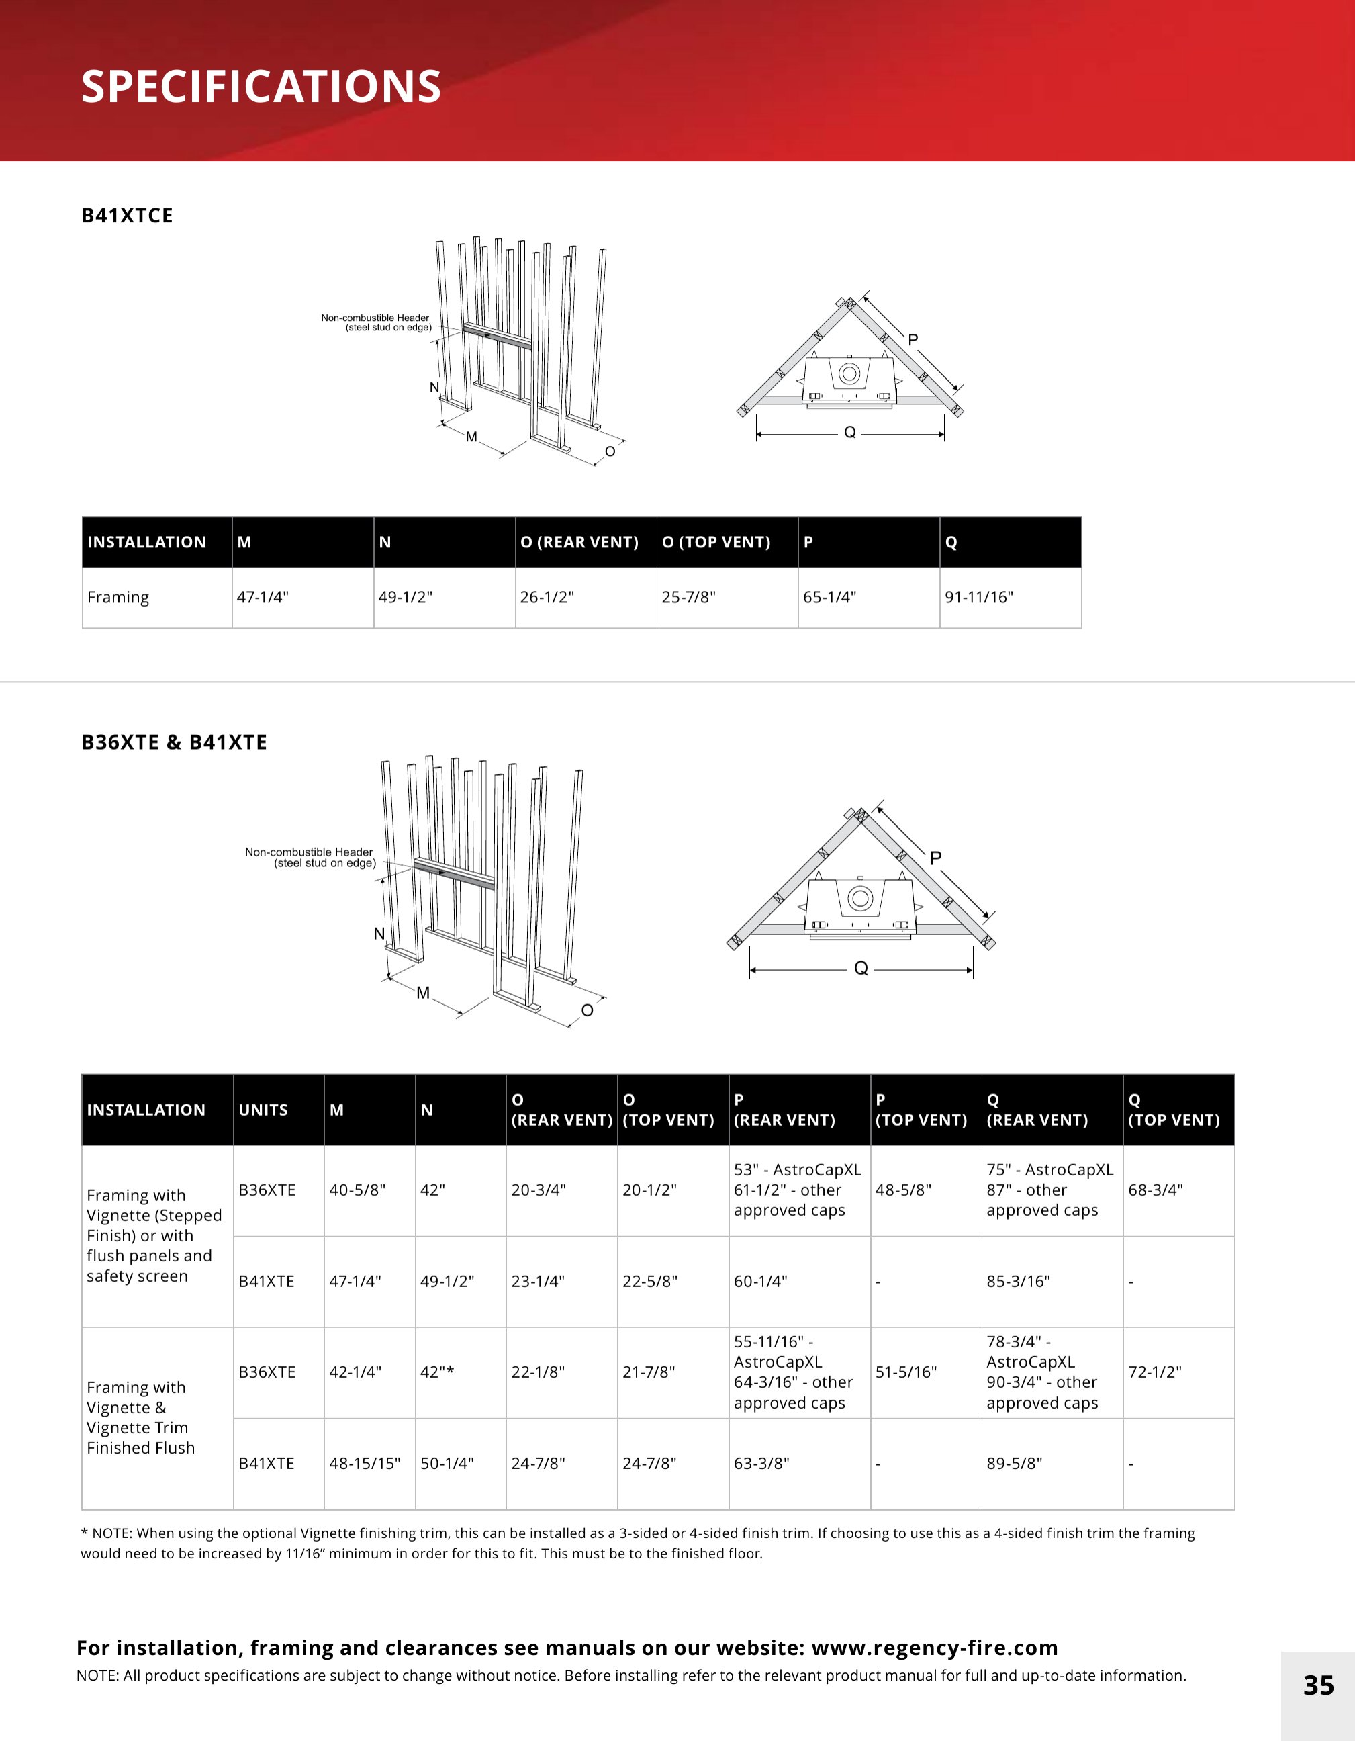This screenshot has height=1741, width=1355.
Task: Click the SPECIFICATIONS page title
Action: tap(261, 86)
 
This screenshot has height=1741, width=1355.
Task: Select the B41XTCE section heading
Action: tap(127, 215)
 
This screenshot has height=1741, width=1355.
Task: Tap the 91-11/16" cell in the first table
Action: tap(979, 597)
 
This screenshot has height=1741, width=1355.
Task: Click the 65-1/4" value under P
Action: tap(829, 597)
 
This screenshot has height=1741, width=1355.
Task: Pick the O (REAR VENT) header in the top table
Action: tap(579, 542)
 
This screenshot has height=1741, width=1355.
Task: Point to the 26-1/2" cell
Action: tap(547, 597)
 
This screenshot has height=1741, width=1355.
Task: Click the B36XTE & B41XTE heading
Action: tap(174, 742)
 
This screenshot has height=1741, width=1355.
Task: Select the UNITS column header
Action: tap(263, 1110)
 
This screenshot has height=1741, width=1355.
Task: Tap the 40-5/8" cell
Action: tap(357, 1190)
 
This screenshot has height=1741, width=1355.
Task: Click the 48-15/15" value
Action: tap(364, 1463)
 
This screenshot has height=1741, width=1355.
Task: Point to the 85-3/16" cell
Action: tap(1018, 1281)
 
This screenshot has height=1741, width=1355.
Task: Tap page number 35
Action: tap(1318, 1685)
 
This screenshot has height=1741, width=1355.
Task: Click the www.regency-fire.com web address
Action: tap(934, 1647)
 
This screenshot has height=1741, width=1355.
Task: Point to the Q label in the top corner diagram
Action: tap(849, 432)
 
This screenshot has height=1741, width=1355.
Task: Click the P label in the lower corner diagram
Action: tap(936, 858)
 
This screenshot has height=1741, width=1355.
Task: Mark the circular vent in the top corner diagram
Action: tap(849, 373)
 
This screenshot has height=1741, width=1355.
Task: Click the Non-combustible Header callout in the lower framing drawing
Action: tap(310, 857)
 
